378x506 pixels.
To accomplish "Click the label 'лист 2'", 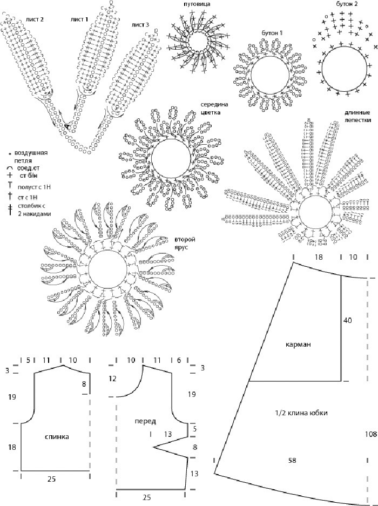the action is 35,19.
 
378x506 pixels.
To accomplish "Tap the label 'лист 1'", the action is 79,19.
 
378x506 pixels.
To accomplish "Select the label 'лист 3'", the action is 140,25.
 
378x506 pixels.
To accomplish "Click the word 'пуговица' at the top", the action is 197,4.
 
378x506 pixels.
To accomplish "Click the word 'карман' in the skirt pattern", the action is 298,345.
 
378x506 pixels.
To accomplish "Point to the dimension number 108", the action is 371,434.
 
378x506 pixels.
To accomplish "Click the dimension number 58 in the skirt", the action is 292,460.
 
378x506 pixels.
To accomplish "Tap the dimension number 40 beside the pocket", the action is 348,320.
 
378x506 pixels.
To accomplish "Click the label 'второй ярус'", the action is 185,243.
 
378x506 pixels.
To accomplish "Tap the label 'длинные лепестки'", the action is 357,116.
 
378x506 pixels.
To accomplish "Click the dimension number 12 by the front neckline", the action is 112,379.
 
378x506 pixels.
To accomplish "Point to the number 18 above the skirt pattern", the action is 318,257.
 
